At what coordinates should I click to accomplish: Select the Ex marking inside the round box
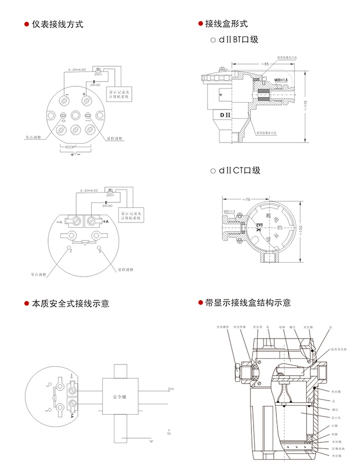[259, 228]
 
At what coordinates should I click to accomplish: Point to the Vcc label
[170, 389]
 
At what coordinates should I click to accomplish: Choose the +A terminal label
[105, 221]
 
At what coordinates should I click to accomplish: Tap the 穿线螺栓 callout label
[221, 327]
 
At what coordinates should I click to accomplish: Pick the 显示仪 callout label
[335, 417]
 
